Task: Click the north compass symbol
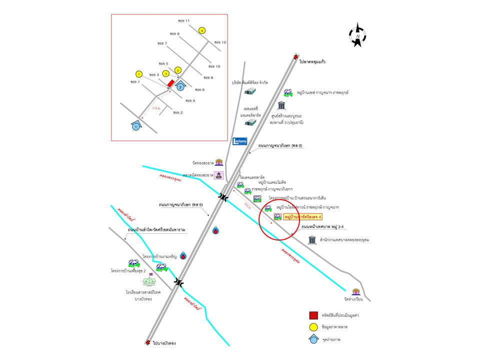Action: pos(357,35)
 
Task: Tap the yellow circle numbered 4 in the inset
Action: pos(201,30)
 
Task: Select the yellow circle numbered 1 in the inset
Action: pos(139,74)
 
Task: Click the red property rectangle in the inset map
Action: pos(170,83)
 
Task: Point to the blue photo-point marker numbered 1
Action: pos(135,126)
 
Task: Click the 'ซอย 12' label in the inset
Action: pos(220,42)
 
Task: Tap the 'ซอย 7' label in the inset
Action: pos(162,50)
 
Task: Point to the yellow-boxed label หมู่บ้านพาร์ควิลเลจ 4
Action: pos(302,217)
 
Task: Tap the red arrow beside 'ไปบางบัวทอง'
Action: pos(147,343)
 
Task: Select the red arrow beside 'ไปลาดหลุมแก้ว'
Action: pos(296,57)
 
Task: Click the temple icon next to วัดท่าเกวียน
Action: pos(356,292)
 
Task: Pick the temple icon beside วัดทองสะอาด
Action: pos(218,162)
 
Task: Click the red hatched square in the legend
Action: pos(313,315)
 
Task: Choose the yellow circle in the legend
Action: pos(313,327)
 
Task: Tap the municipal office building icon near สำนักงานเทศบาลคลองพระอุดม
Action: pos(312,240)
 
